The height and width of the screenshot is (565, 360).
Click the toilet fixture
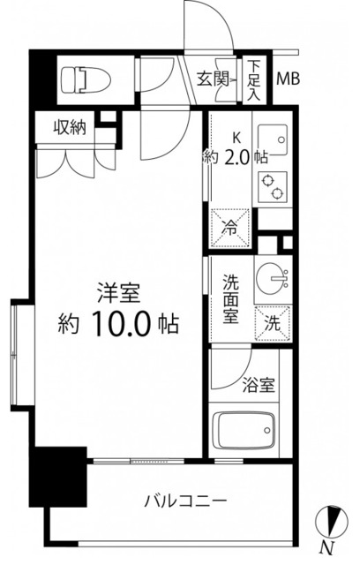coord(85,81)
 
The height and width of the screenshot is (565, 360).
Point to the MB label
coord(289,79)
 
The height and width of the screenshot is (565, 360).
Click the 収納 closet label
coord(67,128)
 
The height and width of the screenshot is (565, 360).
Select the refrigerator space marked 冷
coord(229,225)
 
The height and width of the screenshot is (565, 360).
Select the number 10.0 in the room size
coord(120,325)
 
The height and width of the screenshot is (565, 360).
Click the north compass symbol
coord(328,521)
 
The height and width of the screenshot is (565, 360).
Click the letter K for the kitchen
coord(236,138)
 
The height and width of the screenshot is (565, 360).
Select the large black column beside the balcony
coord(59,476)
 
